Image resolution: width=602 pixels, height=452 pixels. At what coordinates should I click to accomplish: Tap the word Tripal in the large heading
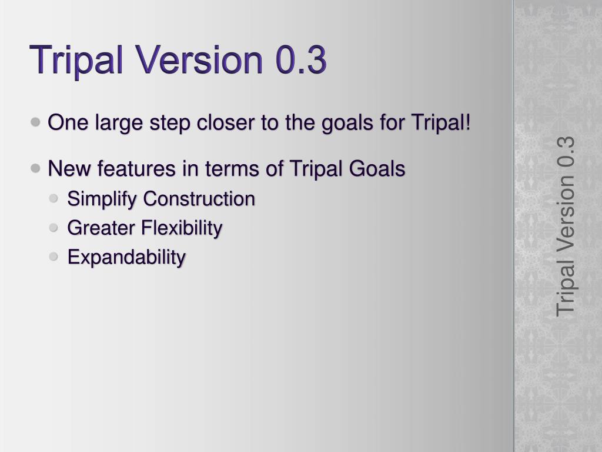click(76, 61)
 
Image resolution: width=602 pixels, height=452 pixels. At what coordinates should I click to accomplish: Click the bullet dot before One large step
click(35, 122)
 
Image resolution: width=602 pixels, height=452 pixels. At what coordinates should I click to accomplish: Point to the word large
click(119, 124)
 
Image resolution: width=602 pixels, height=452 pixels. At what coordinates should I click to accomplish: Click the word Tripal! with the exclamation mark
click(441, 124)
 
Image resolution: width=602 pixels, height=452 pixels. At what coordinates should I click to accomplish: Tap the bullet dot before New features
click(35, 168)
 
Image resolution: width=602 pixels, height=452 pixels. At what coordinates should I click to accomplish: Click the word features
click(136, 169)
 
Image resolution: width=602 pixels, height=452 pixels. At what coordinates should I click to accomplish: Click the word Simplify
click(102, 200)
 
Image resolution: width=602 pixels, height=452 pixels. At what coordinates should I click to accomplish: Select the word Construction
click(199, 199)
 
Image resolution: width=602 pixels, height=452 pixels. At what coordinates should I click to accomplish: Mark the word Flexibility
click(182, 228)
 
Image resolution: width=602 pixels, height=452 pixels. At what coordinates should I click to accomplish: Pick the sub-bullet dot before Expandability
click(53, 257)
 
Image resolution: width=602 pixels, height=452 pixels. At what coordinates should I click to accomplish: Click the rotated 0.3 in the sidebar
click(566, 151)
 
